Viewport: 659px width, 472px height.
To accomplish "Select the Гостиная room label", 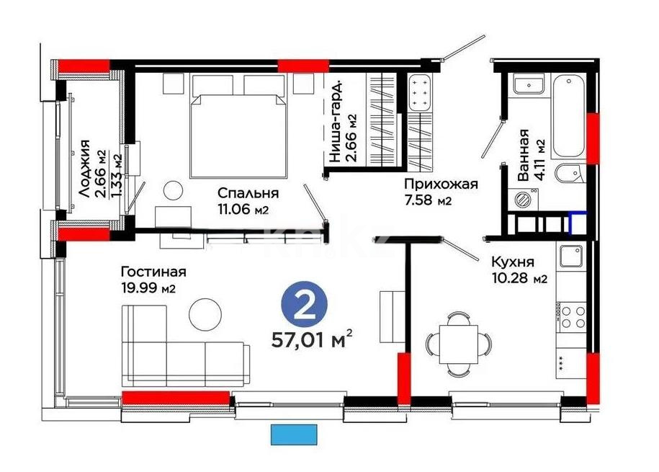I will click(153, 272).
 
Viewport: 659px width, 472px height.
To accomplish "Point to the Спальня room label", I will click(249, 193).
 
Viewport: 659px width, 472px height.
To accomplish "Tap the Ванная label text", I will click(524, 154).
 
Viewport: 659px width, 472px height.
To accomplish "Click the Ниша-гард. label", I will click(335, 123).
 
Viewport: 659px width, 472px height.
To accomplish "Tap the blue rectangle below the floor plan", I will click(293, 435).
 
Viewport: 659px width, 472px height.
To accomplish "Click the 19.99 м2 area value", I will click(149, 288).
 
